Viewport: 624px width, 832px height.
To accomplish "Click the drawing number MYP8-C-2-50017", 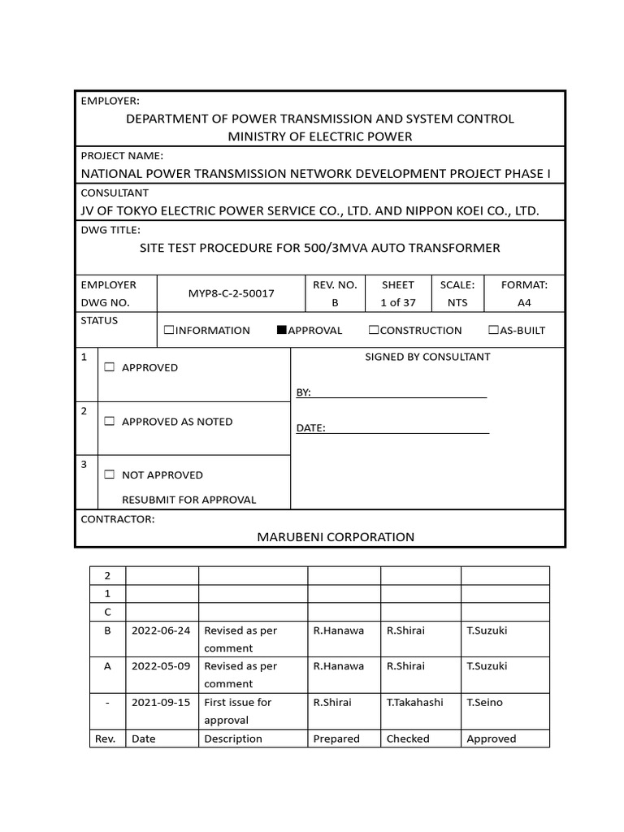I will coord(232,293).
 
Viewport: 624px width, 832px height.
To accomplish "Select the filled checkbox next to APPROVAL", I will coord(282,330).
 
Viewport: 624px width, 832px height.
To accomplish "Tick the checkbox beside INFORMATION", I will coord(169,330).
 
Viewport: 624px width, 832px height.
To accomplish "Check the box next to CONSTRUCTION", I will coord(374,330).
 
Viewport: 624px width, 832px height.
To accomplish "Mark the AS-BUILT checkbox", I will coord(493,330).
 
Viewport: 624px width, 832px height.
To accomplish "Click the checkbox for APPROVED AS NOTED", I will coord(110,422).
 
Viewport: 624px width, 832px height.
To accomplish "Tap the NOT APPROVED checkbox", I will coord(110,474).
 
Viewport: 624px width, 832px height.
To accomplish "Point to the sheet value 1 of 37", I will coord(397,302).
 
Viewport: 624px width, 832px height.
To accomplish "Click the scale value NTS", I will coord(457,302).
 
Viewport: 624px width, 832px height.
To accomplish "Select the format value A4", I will coord(524,302).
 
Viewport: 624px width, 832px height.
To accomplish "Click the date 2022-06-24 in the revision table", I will coord(161,630).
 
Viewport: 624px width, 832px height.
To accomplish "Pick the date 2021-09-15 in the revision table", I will coord(161,702).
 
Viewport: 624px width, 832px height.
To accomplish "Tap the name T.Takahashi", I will coord(414,702).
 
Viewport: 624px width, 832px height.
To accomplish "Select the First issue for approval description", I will coord(237,711).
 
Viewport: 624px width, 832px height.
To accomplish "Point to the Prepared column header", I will coord(336,739).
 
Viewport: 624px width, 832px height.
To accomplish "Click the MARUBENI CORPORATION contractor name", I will coord(336,536).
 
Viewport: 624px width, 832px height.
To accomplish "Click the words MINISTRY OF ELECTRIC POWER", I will coord(319,136).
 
